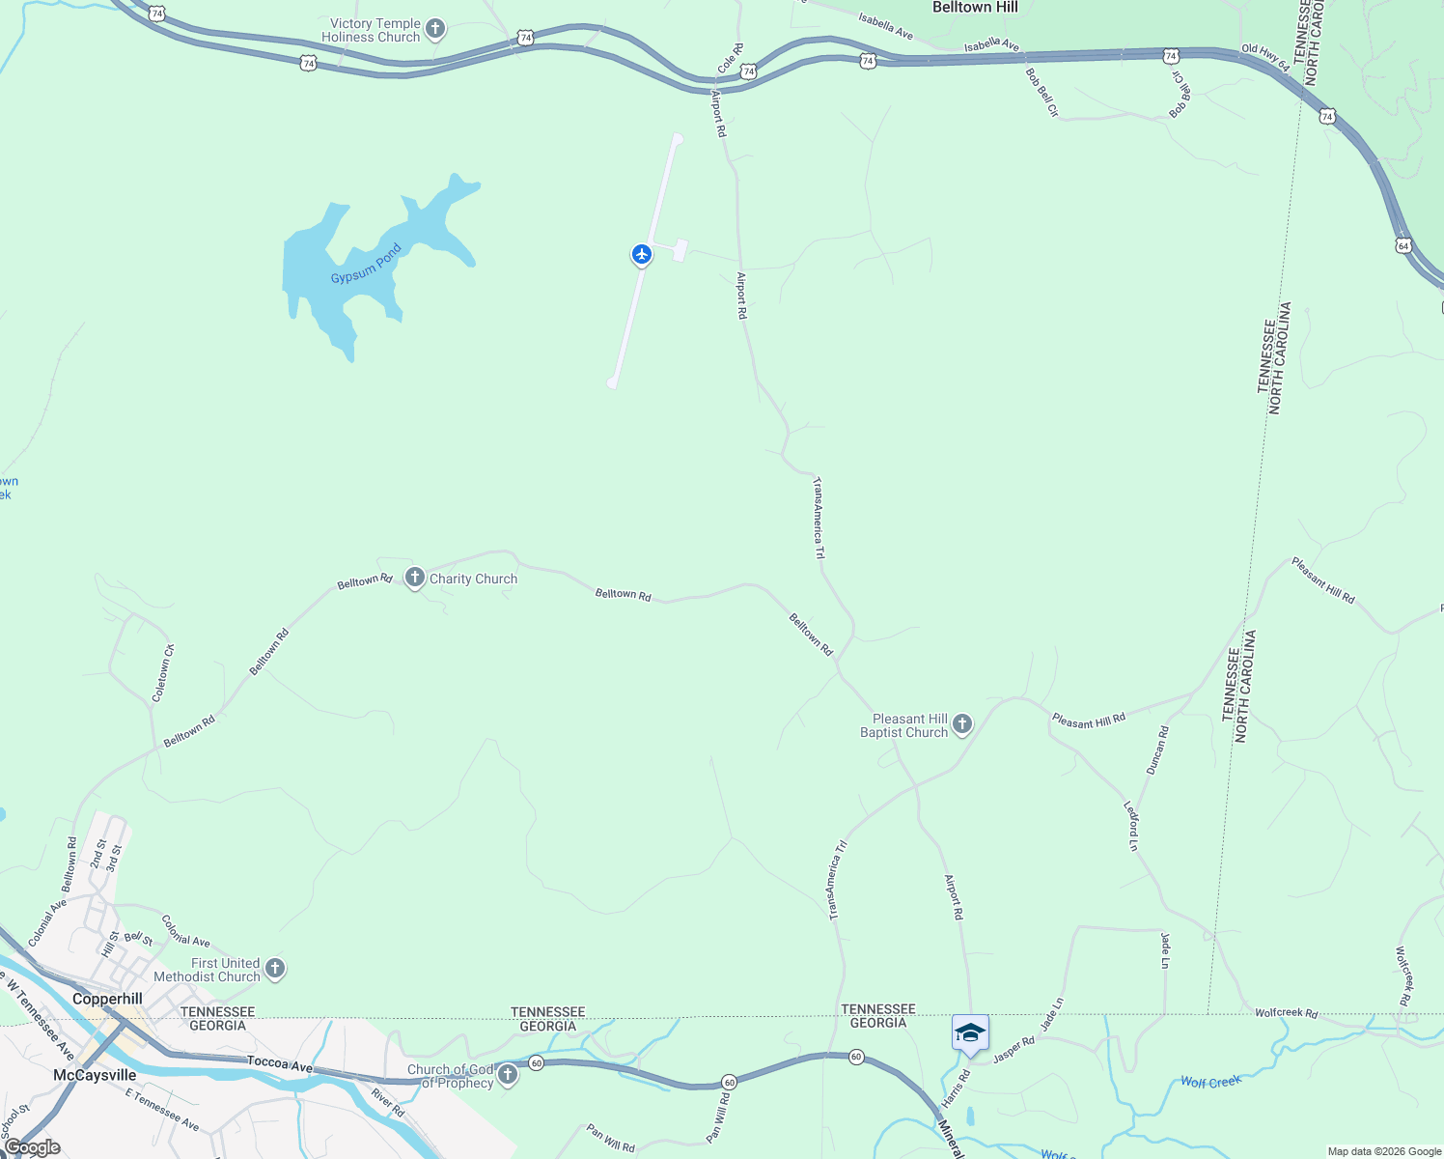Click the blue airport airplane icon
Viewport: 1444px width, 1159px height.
point(642,254)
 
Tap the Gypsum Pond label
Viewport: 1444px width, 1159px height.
point(366,265)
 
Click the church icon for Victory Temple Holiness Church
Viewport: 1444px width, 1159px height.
point(435,28)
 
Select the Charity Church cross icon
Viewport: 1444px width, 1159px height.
point(415,578)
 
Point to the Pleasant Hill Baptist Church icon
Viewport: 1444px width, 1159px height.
point(962,723)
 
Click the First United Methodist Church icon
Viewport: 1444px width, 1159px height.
point(275,968)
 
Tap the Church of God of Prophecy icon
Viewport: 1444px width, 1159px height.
point(508,1074)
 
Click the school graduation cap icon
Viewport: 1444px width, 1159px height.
point(970,1033)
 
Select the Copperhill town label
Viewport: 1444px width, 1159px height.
point(107,999)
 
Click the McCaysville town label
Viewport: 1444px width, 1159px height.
point(95,1075)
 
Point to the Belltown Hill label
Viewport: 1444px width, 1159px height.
point(975,8)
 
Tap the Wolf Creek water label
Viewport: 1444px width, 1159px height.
point(1210,1082)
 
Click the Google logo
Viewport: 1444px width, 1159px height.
point(32,1147)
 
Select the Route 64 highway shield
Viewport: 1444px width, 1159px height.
point(1403,245)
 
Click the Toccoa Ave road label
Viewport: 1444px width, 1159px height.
point(280,1063)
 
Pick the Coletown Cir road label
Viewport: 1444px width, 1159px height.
point(162,673)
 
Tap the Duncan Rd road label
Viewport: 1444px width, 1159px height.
point(1157,750)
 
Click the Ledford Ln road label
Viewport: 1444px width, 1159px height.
point(1132,826)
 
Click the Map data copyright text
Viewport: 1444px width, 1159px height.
point(1384,1151)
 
